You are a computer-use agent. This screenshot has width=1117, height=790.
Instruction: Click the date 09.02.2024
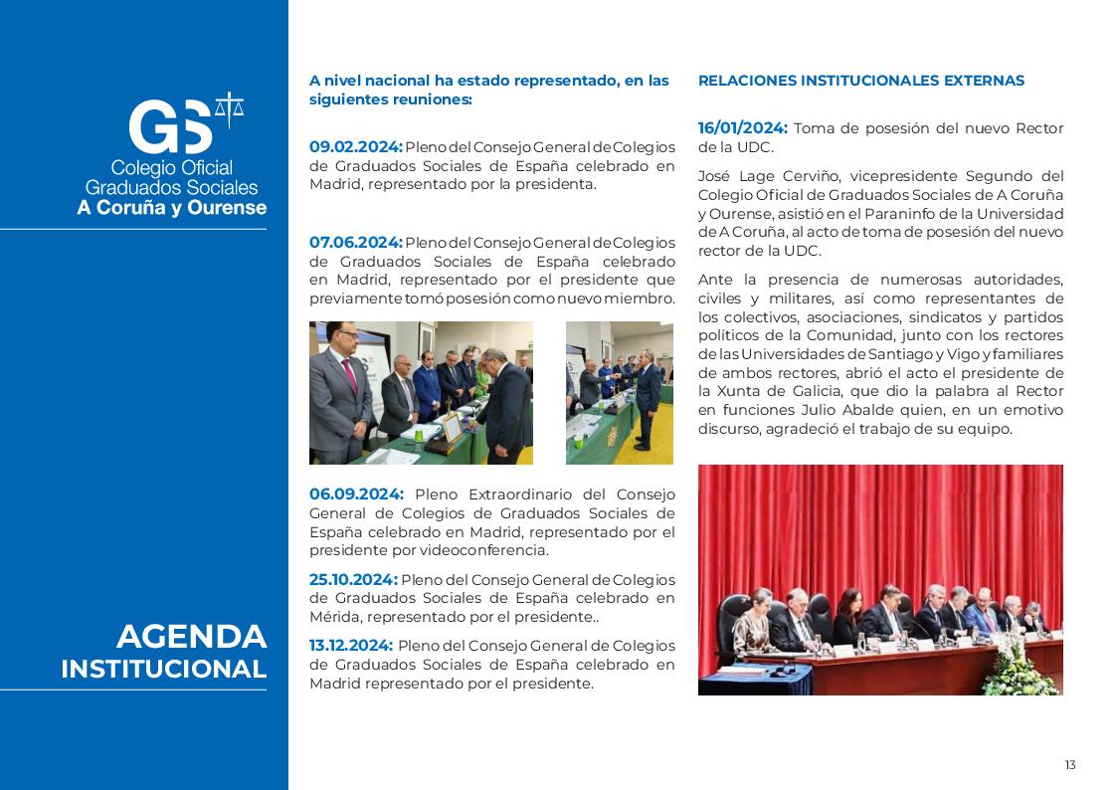355,147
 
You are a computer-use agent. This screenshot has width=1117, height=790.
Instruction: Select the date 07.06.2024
355,243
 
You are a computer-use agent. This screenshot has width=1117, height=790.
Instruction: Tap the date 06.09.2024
356,494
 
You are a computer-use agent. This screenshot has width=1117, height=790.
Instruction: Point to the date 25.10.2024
353,580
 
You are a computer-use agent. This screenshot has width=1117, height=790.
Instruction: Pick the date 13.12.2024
351,646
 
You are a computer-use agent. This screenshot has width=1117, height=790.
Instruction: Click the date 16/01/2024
742,128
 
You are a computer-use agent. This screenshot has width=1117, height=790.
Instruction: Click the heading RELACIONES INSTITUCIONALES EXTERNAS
861,81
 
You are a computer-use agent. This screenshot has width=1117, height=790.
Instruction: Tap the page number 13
1070,765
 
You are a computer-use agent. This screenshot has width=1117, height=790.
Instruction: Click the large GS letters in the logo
171,127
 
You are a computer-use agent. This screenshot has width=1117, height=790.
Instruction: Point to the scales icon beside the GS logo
230,109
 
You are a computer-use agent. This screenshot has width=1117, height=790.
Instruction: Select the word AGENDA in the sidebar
191,637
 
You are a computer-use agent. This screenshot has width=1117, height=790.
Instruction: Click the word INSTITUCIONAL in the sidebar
164,670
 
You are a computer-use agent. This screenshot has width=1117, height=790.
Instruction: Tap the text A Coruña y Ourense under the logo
172,208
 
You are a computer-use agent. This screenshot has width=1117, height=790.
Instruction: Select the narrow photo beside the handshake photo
619,393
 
